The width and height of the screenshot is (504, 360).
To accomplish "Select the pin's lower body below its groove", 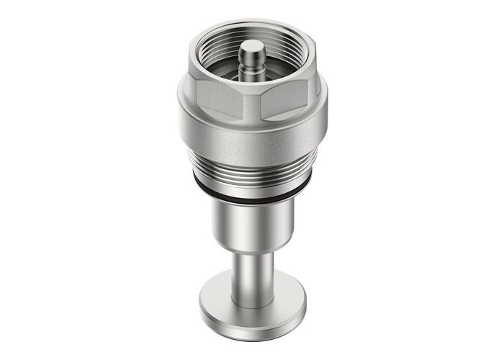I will click(252, 71).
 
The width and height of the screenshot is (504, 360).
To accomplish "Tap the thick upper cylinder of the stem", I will click(252, 223).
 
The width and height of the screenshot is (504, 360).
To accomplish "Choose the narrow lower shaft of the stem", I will click(252, 277).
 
